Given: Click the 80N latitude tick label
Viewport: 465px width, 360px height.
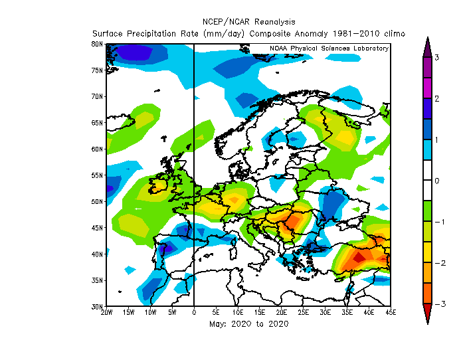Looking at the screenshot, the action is [97, 45].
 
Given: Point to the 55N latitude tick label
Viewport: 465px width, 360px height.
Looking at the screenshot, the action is [97, 175].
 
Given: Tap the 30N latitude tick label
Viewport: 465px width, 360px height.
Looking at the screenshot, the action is [97, 306].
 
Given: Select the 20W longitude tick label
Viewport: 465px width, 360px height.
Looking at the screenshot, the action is [107, 312].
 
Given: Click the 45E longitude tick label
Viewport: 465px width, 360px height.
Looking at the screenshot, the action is [391, 312].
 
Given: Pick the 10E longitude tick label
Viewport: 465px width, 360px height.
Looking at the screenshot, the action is [238, 312].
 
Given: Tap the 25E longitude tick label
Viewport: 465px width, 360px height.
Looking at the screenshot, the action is [303, 312].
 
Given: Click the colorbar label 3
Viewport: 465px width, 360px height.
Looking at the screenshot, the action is [436, 58].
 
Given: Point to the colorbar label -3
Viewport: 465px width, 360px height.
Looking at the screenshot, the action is [440, 304].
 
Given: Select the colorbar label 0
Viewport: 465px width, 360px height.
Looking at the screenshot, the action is [436, 181].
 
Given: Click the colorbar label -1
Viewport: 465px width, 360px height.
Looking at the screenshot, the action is [440, 222].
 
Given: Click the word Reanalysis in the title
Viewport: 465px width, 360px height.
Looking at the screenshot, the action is [275, 22].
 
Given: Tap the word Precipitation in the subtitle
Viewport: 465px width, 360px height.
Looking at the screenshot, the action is [151, 33].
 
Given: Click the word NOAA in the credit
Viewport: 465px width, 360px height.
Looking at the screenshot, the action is [278, 48].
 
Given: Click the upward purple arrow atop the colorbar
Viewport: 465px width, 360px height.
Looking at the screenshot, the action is [427, 47].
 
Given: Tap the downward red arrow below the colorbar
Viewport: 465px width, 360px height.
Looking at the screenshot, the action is [427, 314].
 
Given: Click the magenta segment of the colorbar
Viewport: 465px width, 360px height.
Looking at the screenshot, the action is [427, 88].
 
